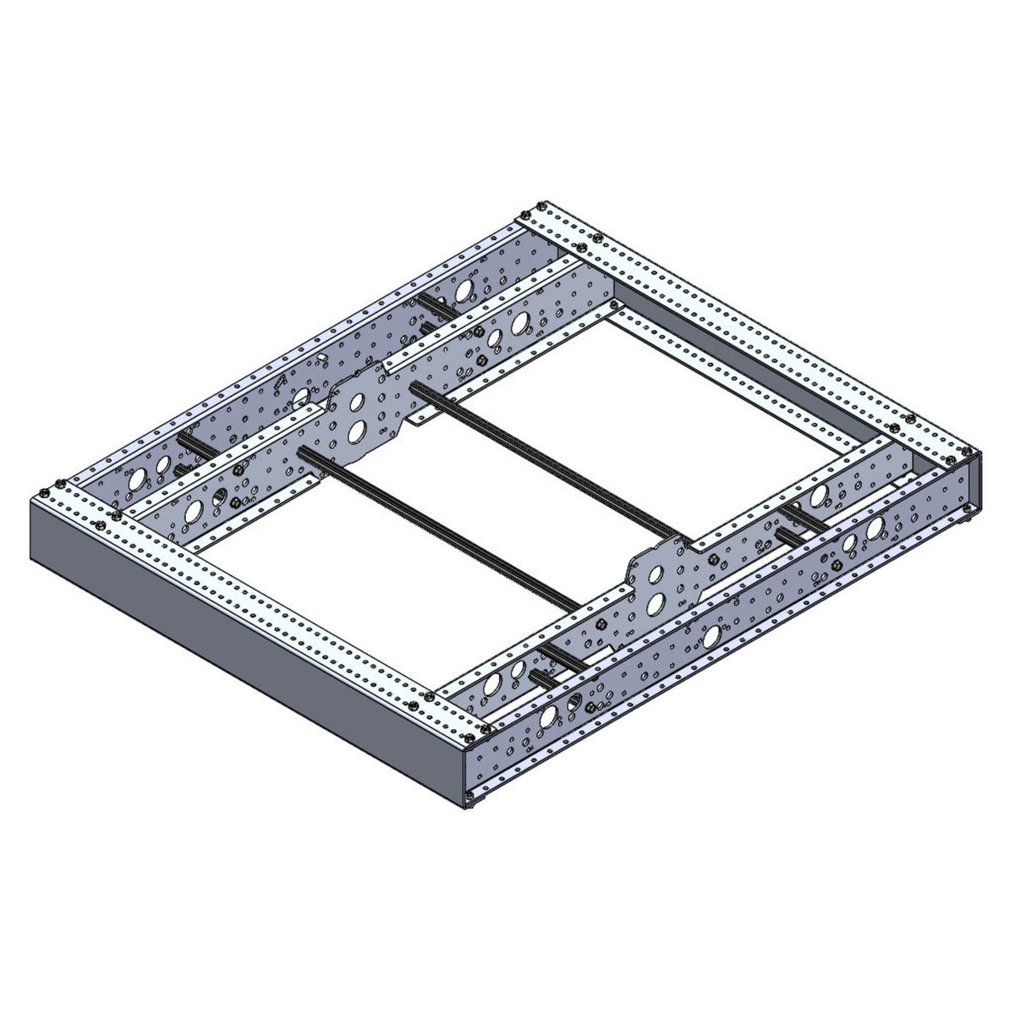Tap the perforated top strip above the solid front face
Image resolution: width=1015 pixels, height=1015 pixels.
click(x=254, y=592)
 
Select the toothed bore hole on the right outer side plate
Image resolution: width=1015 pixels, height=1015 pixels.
click(x=575, y=701)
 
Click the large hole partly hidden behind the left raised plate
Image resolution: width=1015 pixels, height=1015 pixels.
click(x=301, y=398)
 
